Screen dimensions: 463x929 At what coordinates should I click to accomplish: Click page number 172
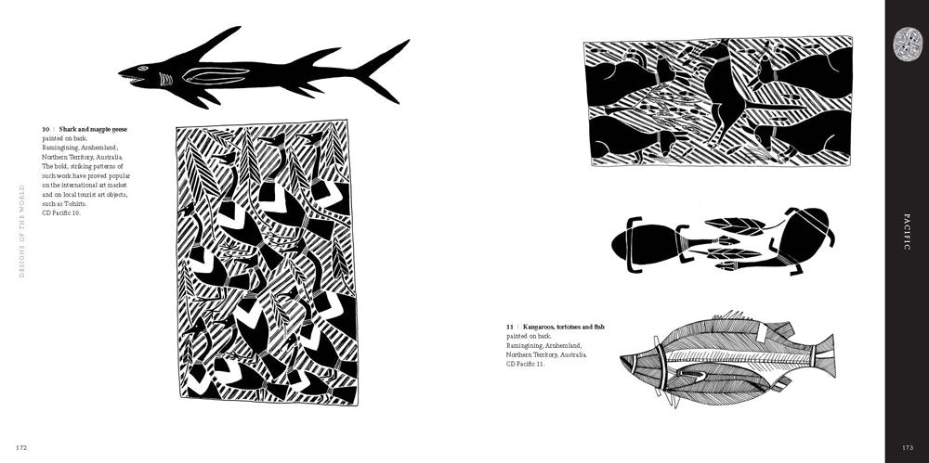(20, 447)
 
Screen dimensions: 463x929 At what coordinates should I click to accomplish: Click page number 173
(907, 447)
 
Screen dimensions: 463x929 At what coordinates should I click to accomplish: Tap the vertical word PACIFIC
(907, 231)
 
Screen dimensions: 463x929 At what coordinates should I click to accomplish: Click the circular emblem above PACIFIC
(907, 42)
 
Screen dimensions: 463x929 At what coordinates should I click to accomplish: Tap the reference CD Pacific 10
(62, 213)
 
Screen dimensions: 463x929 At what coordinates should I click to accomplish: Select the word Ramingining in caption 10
(62, 148)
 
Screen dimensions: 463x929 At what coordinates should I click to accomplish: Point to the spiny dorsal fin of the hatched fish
(743, 321)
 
